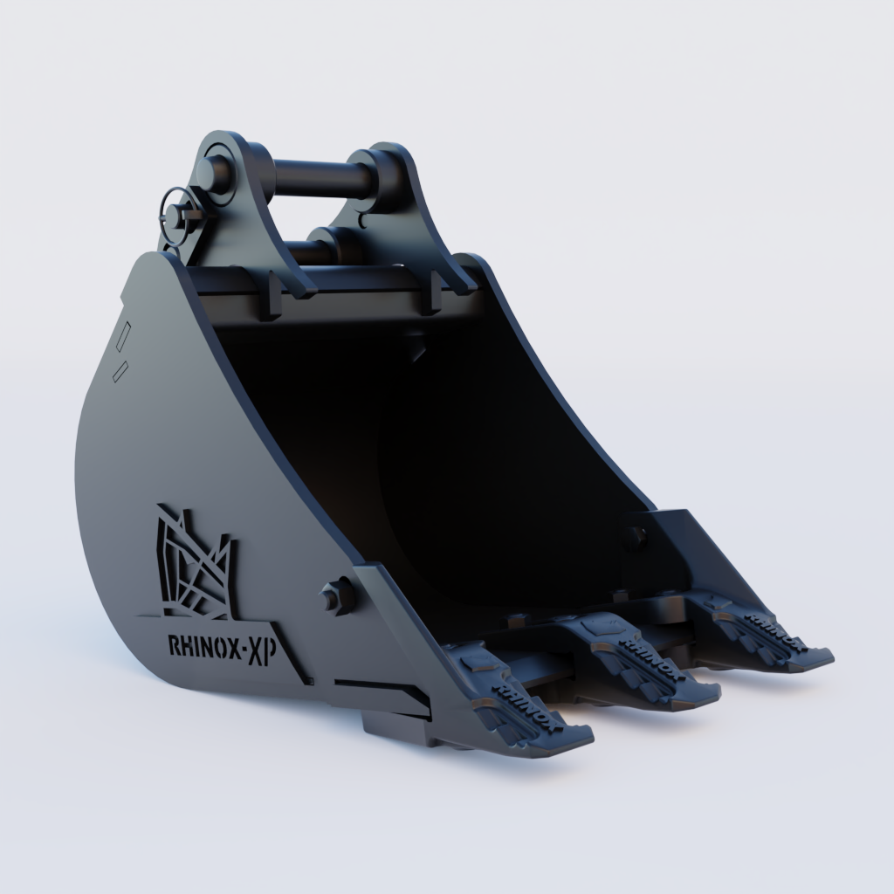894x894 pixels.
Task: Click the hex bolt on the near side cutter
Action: point(337,595)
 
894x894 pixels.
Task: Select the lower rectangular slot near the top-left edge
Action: point(121,370)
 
